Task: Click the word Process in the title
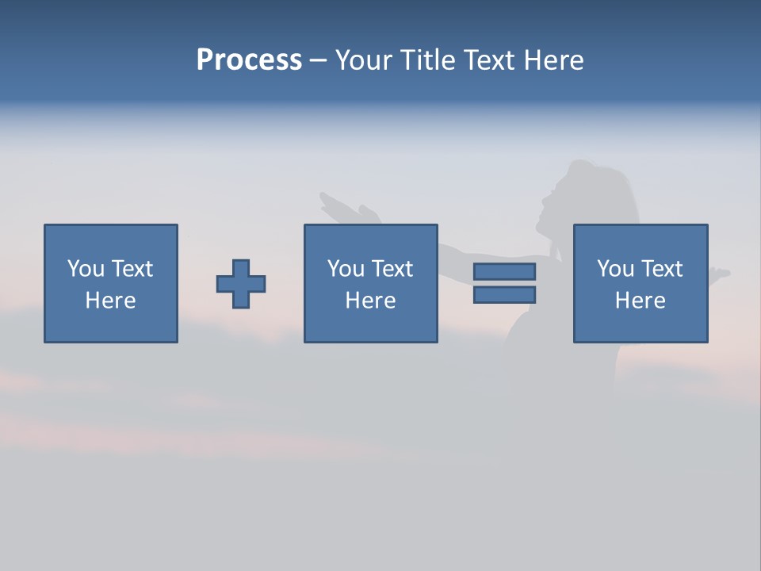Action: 249,59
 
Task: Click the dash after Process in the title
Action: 318,61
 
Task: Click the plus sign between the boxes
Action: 241,283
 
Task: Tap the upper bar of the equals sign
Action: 504,271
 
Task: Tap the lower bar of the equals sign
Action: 504,295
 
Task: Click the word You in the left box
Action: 86,269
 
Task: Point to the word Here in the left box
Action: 111,301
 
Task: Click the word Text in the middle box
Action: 392,269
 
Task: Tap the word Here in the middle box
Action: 371,301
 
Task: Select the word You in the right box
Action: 615,269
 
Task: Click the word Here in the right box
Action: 641,301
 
